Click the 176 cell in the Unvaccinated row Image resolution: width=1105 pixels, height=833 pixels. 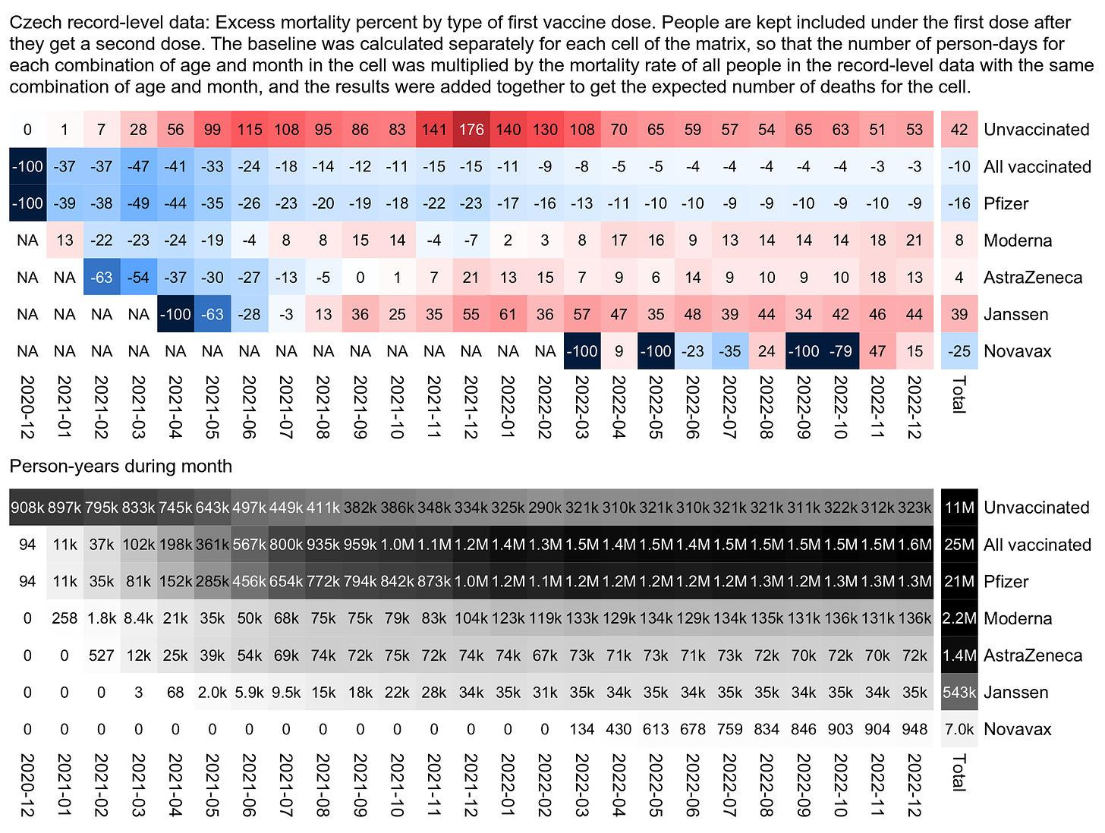point(471,129)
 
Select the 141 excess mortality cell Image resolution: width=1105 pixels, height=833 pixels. point(434,129)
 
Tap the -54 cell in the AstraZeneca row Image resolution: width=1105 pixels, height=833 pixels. point(138,277)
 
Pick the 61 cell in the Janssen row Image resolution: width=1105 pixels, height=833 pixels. point(508,314)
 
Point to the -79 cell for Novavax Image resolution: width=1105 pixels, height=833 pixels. point(840,351)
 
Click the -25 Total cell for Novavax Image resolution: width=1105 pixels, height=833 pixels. point(959,351)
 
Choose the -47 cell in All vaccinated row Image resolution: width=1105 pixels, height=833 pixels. point(138,166)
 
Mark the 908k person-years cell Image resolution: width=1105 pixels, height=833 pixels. point(28,507)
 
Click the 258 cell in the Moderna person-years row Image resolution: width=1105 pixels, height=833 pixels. point(65,618)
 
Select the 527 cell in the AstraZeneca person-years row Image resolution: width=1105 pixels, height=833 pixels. point(102,655)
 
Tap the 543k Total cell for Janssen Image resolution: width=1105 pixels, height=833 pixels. point(959,692)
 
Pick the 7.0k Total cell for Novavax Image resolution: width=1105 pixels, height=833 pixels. point(959,729)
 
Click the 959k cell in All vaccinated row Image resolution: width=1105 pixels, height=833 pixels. point(360,544)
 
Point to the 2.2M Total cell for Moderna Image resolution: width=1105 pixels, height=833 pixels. point(959,618)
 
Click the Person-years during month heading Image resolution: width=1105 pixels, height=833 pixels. point(121,466)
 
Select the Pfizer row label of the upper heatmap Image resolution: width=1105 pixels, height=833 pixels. point(1006,203)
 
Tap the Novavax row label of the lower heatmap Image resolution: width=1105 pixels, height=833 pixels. point(1017,729)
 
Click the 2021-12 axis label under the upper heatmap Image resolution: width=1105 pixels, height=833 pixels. point(471,407)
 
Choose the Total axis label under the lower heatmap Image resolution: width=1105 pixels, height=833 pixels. point(959,772)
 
